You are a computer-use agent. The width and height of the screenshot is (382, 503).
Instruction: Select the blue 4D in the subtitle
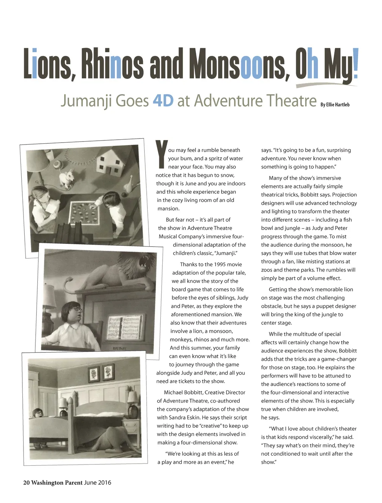(163, 101)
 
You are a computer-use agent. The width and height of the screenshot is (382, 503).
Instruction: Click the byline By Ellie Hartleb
(335, 105)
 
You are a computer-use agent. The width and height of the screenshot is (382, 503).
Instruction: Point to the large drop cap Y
(161, 154)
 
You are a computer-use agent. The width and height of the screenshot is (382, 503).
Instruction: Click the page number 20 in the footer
(26, 483)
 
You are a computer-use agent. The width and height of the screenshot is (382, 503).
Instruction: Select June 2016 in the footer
(97, 483)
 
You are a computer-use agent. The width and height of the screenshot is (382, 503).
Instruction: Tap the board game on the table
(85, 213)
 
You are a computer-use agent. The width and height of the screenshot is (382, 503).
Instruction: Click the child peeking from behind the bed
(37, 413)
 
